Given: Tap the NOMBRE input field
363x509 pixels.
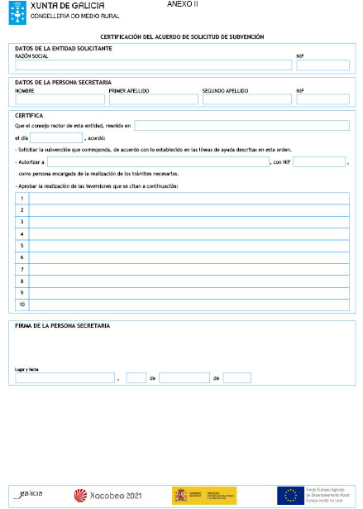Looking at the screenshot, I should (x=60, y=99).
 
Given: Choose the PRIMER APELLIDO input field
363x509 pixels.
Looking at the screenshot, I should (x=153, y=99).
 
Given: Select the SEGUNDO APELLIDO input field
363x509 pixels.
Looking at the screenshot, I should (x=246, y=99).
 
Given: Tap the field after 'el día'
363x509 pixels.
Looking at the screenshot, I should (x=56, y=137).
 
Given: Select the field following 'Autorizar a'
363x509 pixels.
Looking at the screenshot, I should (x=158, y=161).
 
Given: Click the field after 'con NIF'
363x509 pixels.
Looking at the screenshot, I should (x=318, y=161).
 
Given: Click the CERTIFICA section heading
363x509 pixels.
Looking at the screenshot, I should (x=29, y=115).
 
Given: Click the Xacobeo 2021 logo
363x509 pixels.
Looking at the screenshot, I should (x=108, y=495).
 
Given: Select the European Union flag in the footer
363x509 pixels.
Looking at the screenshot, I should (x=290, y=495).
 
